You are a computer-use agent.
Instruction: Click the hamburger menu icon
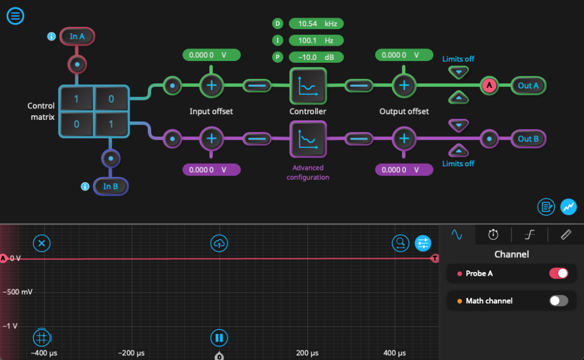[15, 15]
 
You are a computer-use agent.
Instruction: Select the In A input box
[77, 37]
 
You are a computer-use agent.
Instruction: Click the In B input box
[111, 187]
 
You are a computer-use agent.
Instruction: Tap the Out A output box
[528, 86]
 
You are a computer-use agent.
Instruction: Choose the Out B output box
[528, 139]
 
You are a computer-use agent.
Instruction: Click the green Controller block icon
[308, 86]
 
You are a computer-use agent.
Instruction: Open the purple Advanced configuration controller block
[308, 139]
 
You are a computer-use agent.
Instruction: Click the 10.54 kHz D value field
[316, 23]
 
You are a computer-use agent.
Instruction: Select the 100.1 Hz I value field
[316, 41]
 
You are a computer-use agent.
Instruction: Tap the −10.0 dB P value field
[316, 57]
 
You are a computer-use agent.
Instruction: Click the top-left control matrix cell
[76, 99]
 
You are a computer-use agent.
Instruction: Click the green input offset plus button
[212, 86]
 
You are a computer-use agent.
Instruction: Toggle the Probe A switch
[558, 273]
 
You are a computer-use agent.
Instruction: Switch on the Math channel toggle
[558, 301]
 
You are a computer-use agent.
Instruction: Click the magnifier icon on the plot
[400, 244]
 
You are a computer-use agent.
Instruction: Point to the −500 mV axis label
[19, 292]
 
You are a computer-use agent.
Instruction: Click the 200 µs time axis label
[307, 353]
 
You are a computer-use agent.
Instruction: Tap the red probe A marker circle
[489, 86]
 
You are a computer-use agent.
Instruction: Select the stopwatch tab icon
[493, 234]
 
